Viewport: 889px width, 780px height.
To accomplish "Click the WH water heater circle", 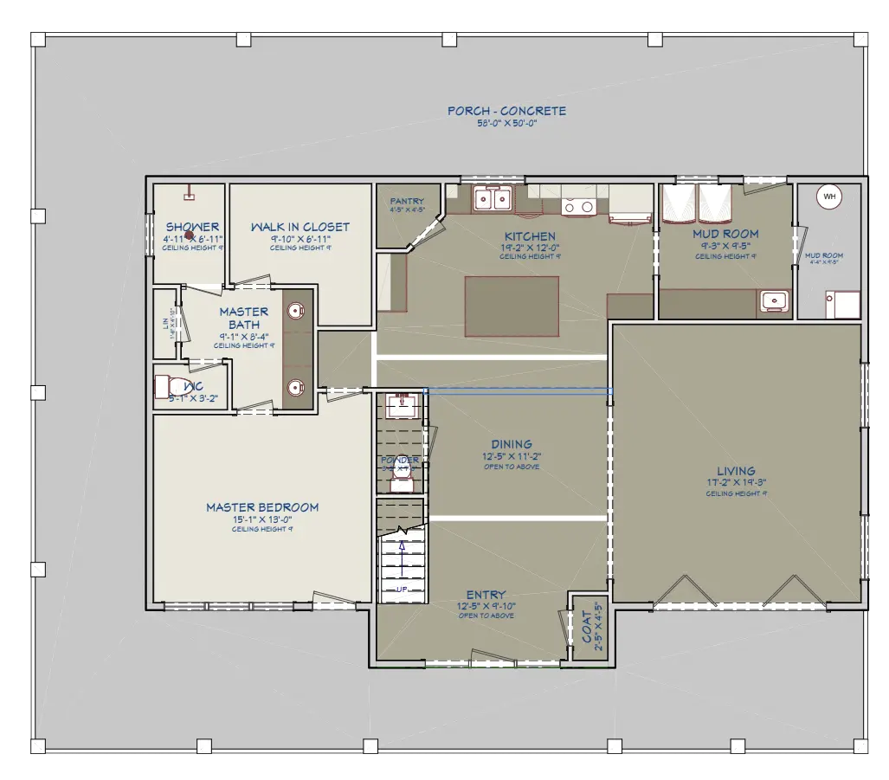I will [829, 197].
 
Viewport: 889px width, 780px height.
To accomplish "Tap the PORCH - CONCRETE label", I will [506, 111].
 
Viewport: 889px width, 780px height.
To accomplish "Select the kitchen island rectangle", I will [512, 306].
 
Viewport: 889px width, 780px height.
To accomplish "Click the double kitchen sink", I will [492, 200].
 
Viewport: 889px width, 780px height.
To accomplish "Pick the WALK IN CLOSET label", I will [300, 227].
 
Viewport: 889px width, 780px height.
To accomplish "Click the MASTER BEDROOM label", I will [261, 507].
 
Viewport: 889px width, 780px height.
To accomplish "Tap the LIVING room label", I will [736, 472].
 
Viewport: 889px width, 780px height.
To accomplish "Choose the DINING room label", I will [512, 445].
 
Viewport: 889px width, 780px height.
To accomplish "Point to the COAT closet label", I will [588, 628].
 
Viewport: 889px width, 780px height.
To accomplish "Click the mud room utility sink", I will [773, 301].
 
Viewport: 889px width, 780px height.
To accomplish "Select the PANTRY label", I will [406, 202].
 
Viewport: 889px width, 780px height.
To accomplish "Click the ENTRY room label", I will [486, 595].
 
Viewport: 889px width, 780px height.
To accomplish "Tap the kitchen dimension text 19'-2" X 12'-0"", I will [530, 247].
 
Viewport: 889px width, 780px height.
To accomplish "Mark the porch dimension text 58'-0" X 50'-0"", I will [506, 124].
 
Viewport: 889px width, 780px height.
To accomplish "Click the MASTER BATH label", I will [243, 318].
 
